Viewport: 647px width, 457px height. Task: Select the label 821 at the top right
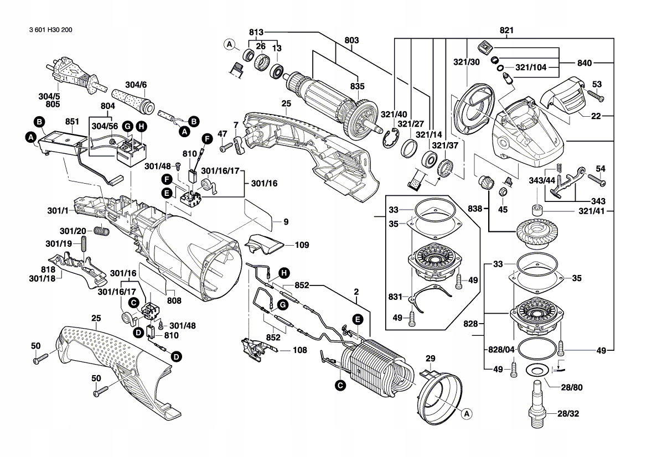(506, 31)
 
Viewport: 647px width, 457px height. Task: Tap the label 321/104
(530, 67)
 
